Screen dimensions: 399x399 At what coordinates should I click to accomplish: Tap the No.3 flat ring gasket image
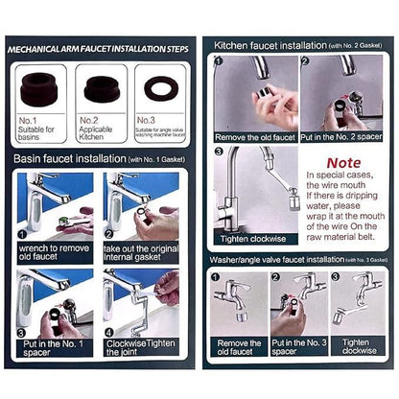point(160,87)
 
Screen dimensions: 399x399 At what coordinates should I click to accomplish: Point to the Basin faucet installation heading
point(69,157)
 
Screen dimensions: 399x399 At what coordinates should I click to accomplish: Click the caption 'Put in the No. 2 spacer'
point(341,136)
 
